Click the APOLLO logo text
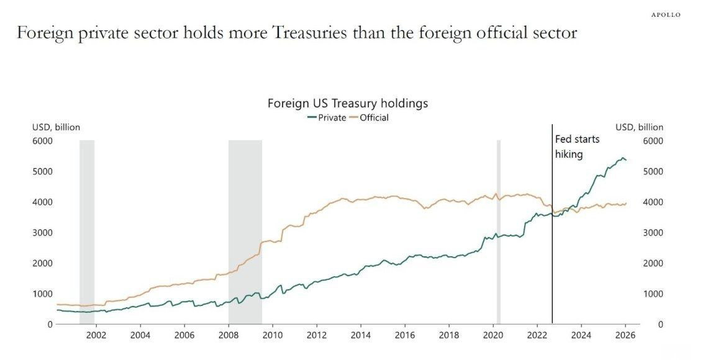665,14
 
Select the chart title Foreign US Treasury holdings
348,103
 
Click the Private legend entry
327,117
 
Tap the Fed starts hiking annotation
576,146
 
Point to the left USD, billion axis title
56,127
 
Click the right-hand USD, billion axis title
639,127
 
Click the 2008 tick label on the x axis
229,336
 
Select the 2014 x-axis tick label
361,336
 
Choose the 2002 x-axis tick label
96,336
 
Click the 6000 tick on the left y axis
42,141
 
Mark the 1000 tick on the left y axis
42,294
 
